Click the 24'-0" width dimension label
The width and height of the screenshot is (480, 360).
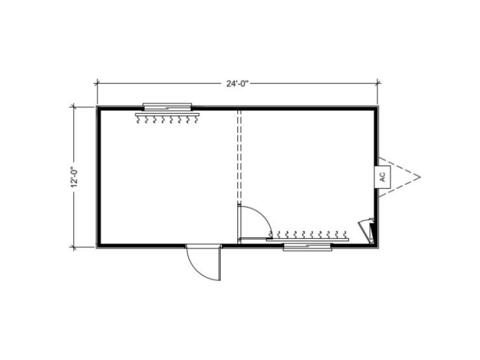tap(237, 84)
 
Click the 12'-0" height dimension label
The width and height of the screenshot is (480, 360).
tap(74, 177)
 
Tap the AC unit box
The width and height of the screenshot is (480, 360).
tap(382, 177)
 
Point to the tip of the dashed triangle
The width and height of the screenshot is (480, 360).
tap(420, 177)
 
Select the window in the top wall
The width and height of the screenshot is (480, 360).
tap(167, 107)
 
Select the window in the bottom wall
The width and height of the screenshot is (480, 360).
tap(307, 247)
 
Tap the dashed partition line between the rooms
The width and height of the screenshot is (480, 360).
tap(240, 157)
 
